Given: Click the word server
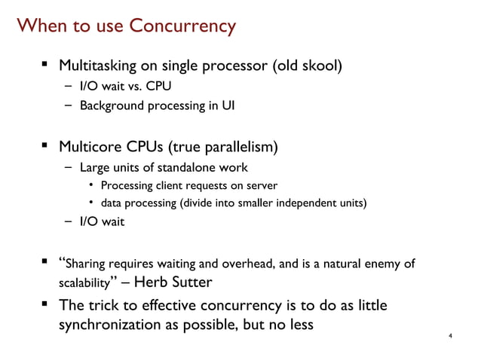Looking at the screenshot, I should pos(262,185).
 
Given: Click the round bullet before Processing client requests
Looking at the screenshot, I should pos(90,185).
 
